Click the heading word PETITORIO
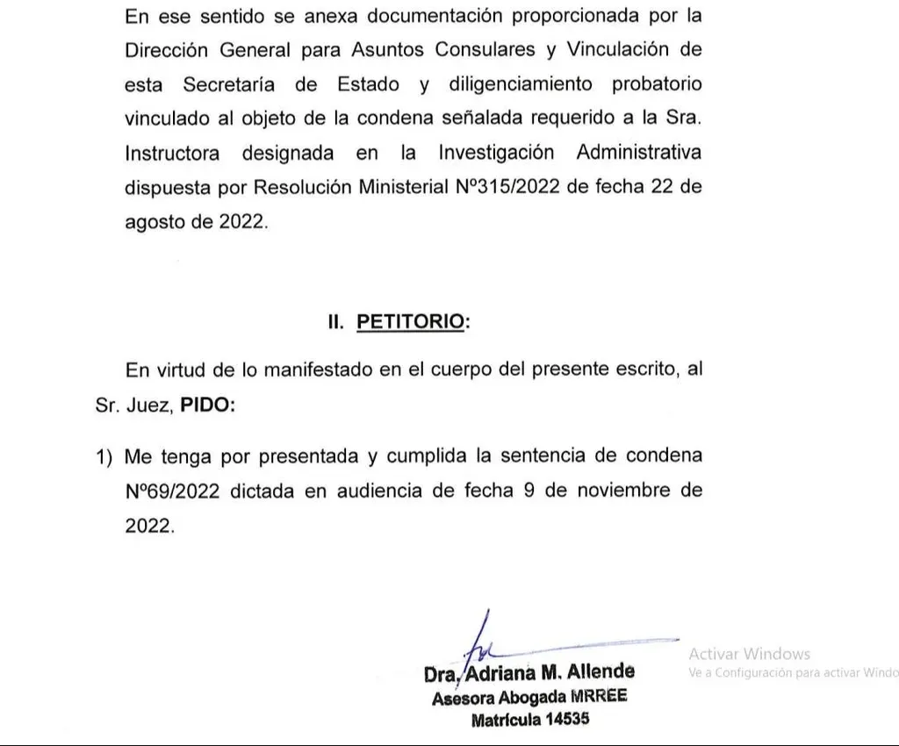pos(409,322)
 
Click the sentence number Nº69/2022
pos(172,491)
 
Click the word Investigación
pos(496,153)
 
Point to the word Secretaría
pos(229,84)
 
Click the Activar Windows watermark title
pos(749,654)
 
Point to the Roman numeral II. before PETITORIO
pos(336,322)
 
